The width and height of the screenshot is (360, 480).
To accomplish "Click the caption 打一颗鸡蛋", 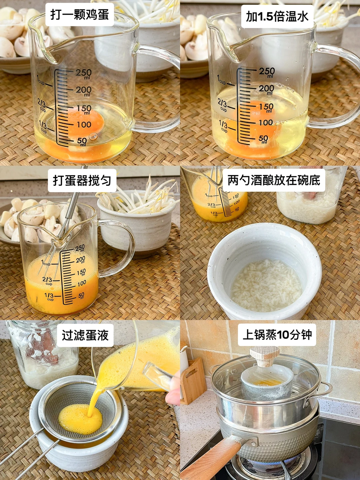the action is point(80,15).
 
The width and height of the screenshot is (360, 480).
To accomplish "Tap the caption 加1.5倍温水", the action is point(277,16).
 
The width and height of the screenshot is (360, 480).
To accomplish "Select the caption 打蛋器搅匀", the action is point(82,181).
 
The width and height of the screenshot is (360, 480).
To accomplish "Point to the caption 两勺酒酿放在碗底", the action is point(274,180).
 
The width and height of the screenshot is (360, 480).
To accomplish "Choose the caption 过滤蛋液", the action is point(85,335).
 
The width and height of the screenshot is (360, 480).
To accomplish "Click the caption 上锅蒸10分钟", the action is point(277,335).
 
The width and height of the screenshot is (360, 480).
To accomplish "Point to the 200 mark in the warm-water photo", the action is point(266,89).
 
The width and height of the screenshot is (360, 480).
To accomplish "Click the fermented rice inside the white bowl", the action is point(266,283).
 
